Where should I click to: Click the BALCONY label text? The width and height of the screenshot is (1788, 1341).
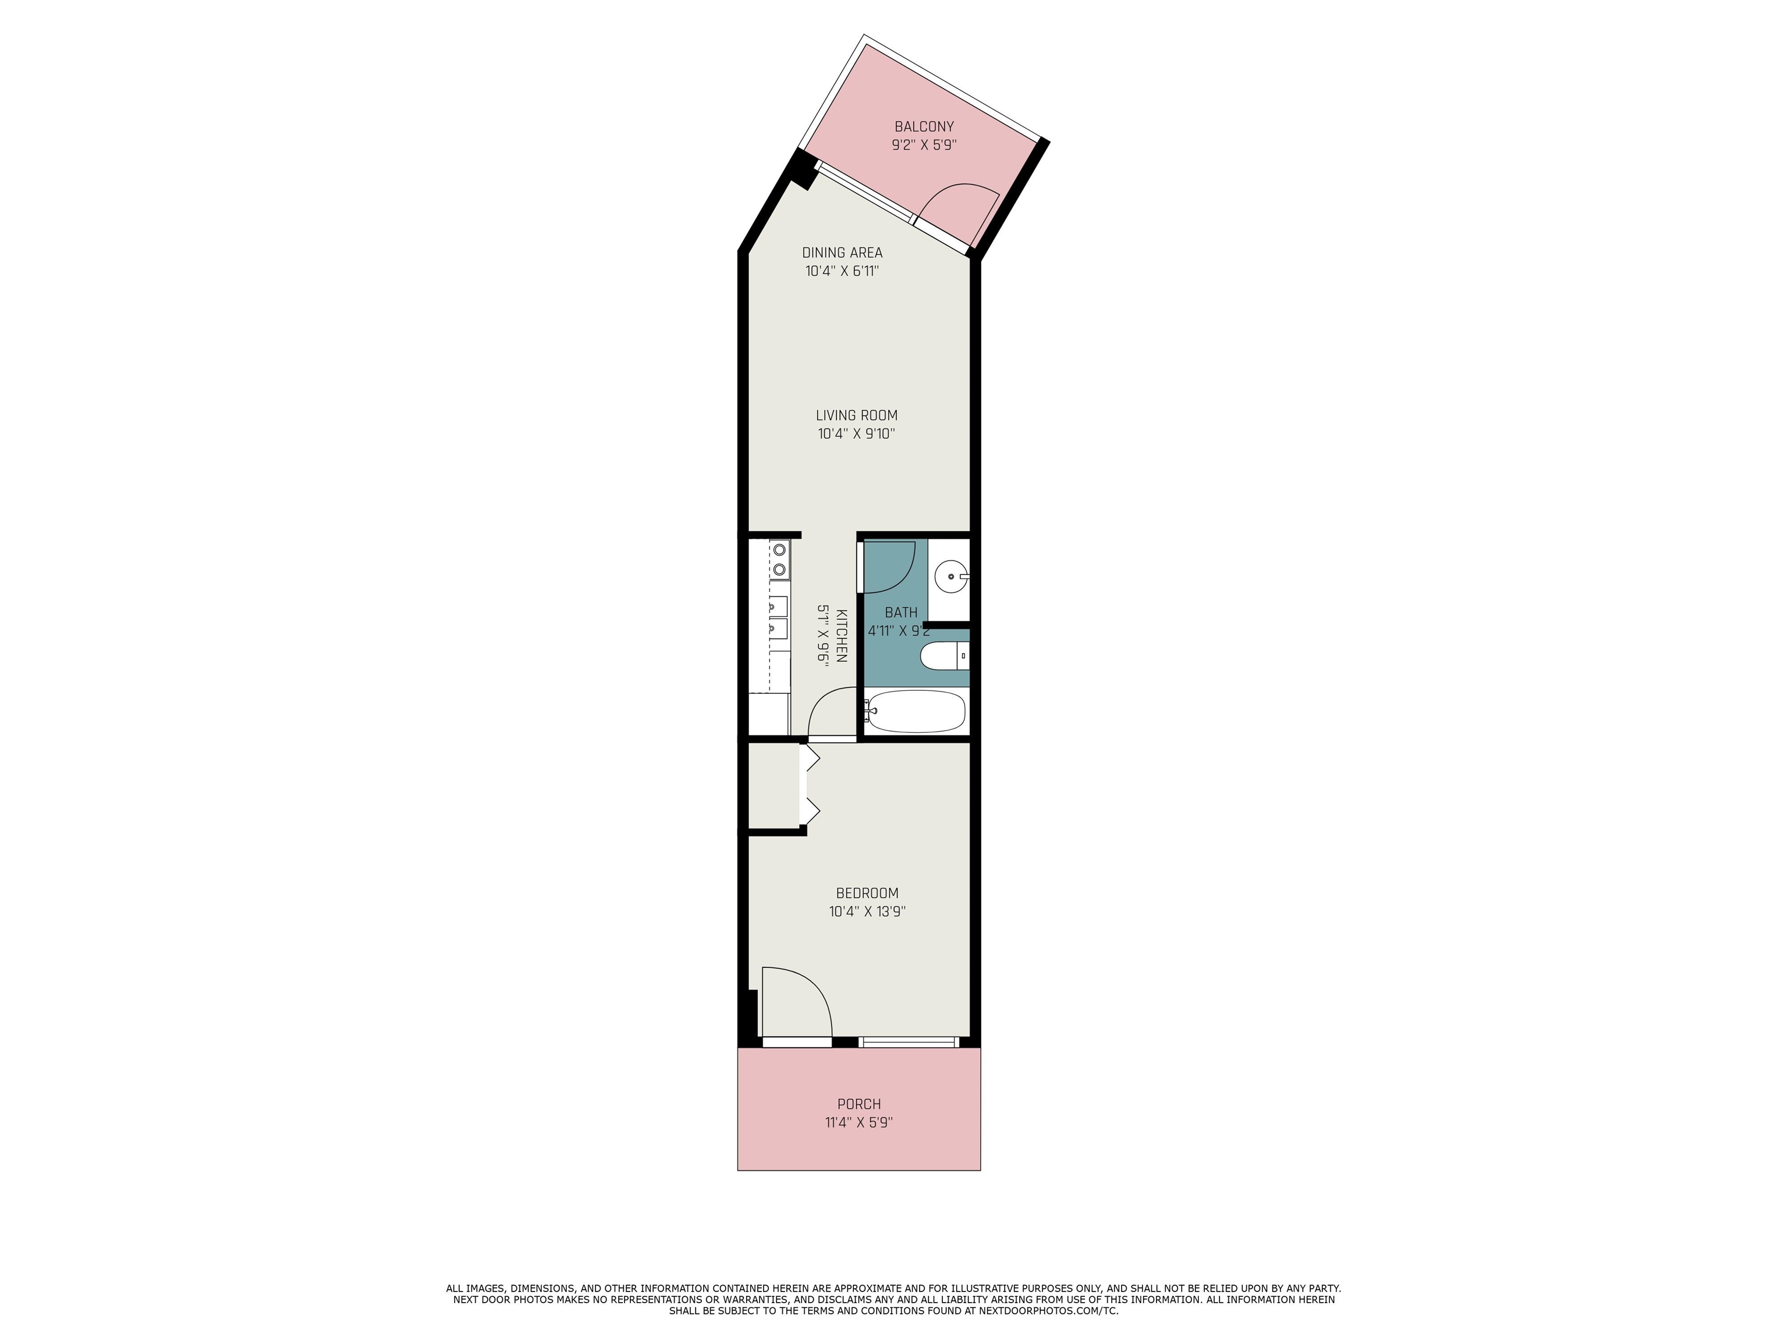point(924,127)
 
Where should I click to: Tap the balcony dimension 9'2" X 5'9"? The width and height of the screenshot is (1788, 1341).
point(924,146)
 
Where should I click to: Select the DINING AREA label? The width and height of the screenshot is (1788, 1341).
point(842,253)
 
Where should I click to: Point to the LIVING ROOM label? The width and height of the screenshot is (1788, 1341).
point(856,416)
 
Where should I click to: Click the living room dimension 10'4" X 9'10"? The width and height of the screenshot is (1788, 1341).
point(856,434)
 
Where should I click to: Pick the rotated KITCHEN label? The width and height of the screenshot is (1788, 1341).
point(840,636)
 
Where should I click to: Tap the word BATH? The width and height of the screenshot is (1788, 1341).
point(900,613)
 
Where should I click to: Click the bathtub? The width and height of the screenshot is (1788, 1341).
point(916,711)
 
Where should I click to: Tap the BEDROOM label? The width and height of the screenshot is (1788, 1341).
point(867,893)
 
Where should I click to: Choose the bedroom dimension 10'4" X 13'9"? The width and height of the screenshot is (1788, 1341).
point(867,912)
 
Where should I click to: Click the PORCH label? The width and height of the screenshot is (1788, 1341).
point(858,1104)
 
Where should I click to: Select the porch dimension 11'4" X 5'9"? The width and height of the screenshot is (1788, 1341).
point(858,1123)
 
